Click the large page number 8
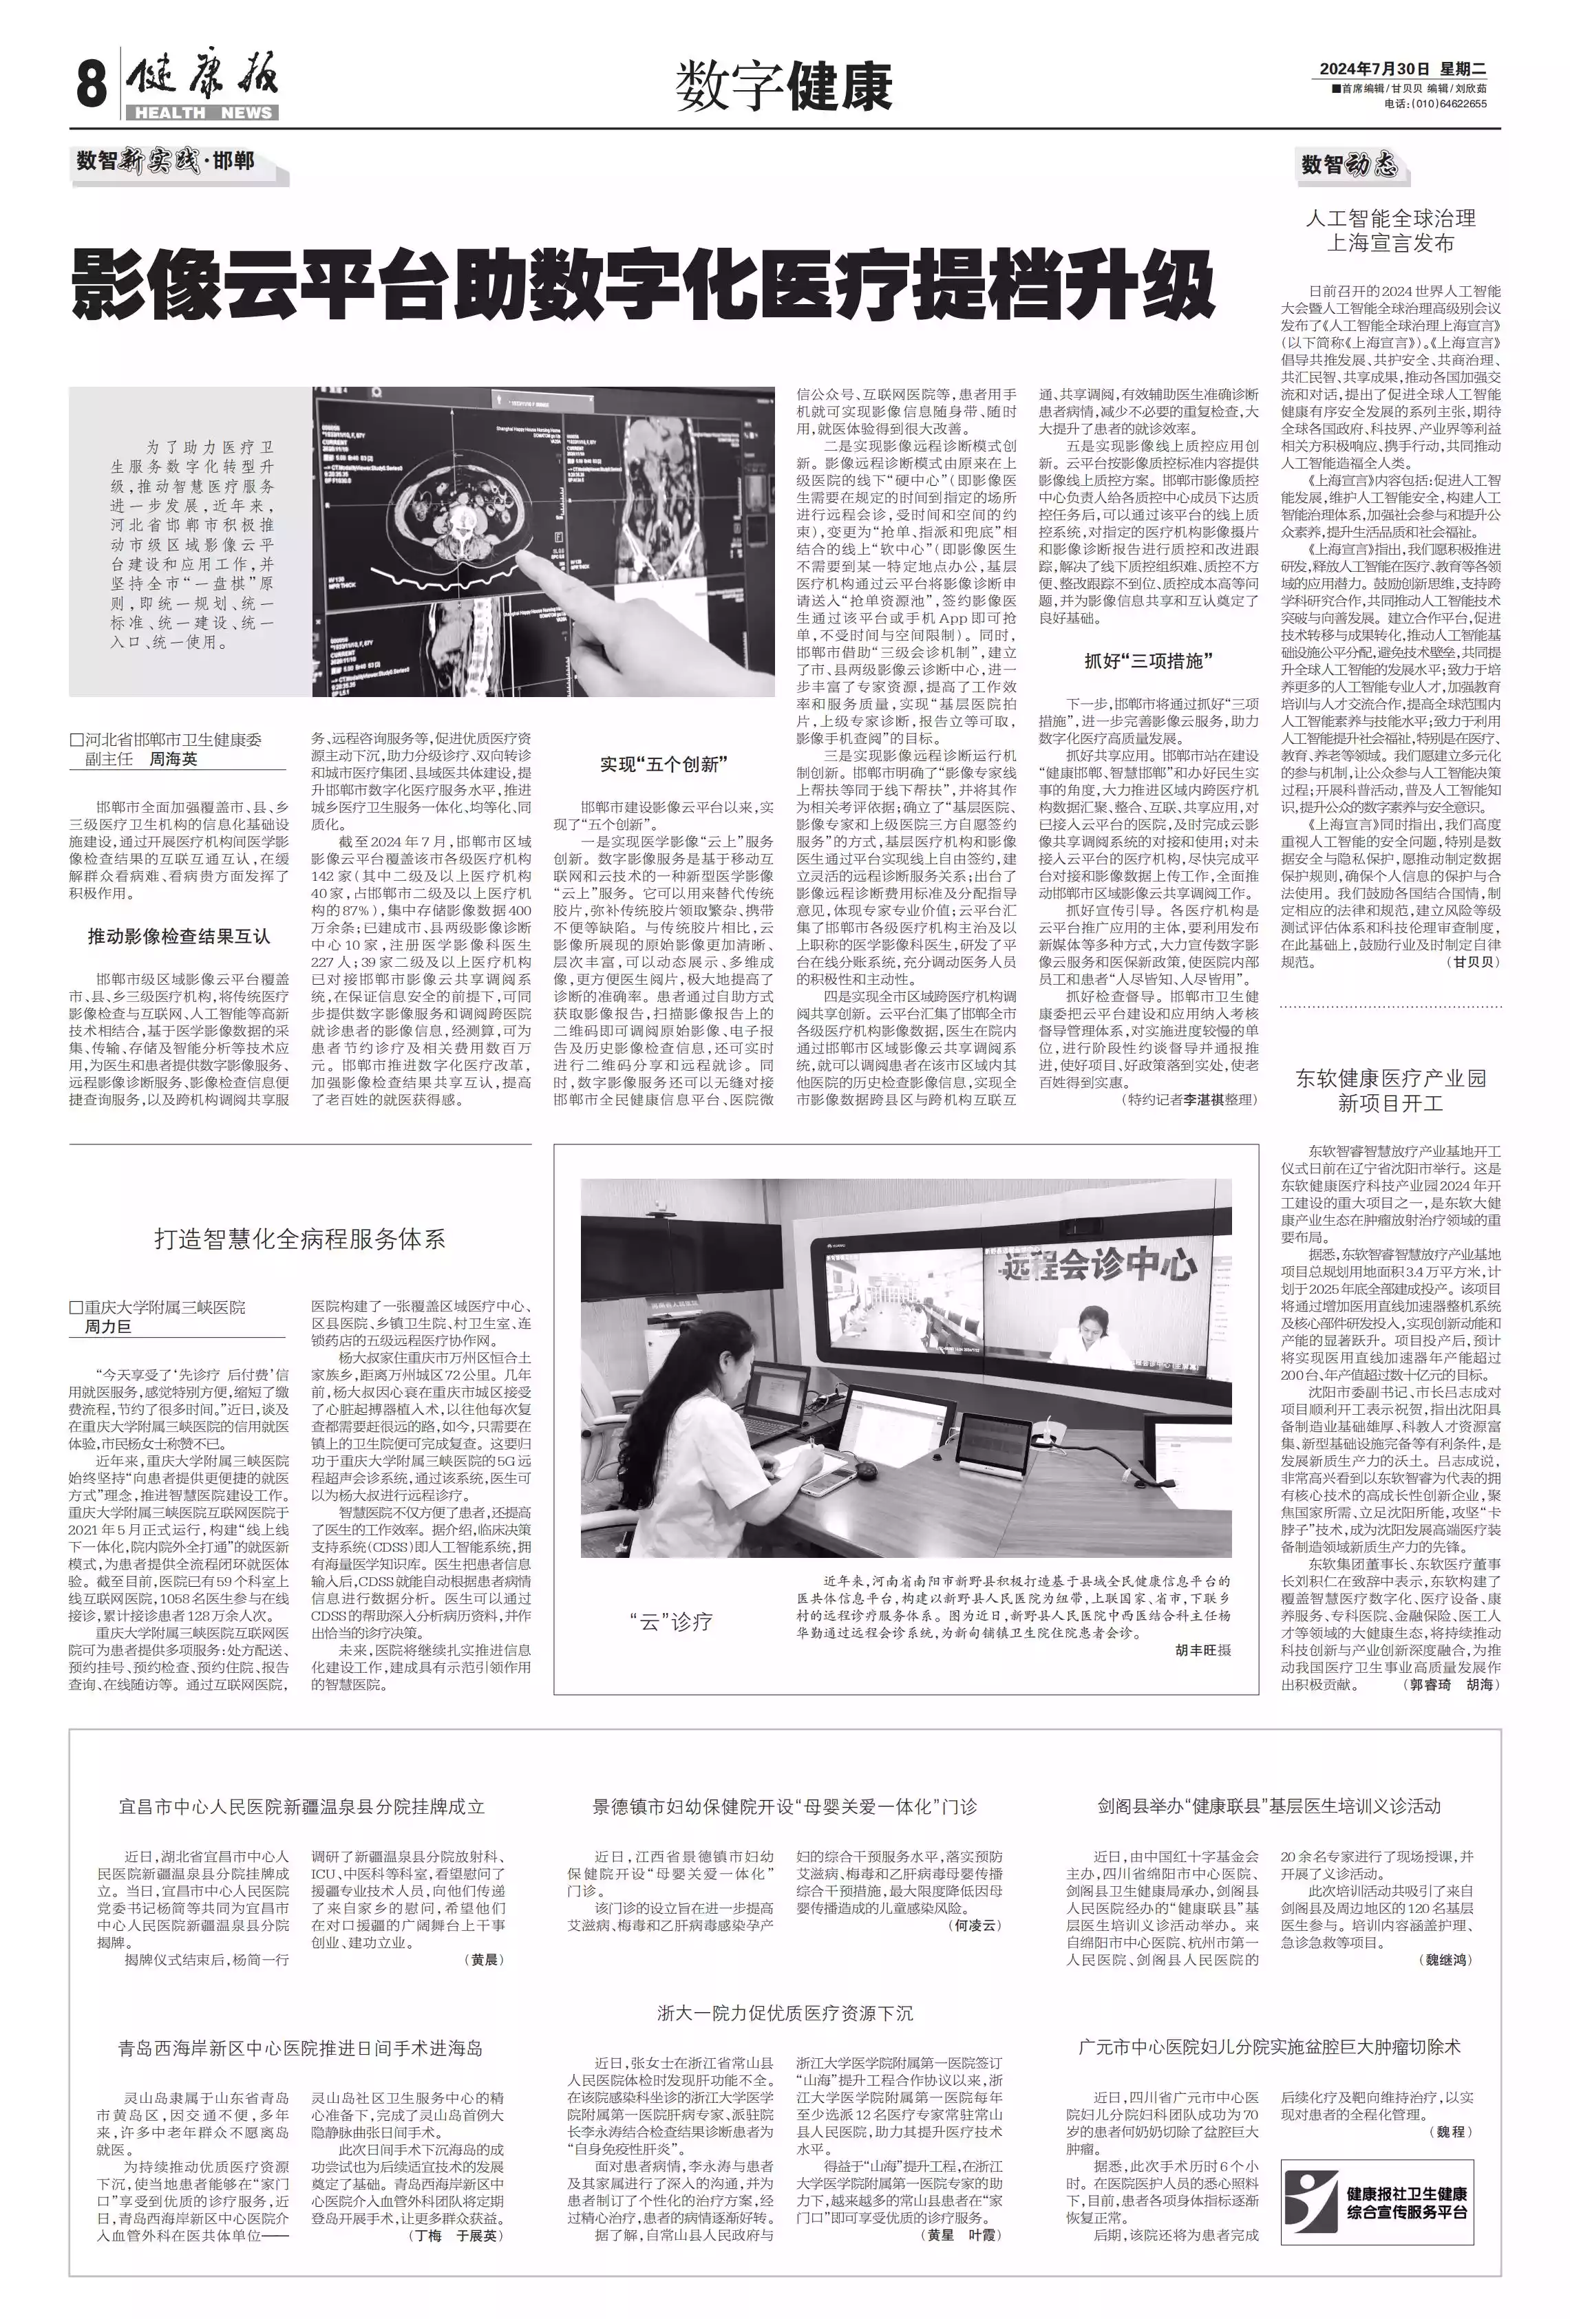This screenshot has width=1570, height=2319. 91,84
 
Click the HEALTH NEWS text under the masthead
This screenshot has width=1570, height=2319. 202,113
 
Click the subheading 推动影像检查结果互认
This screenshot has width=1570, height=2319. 179,936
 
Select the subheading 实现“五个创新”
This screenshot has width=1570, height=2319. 664,765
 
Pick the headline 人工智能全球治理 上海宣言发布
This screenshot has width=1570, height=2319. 1390,231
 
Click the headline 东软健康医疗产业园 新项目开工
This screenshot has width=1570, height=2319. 1390,1089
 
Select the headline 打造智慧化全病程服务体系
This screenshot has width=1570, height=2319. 299,1239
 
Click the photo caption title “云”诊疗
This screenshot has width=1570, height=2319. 670,1621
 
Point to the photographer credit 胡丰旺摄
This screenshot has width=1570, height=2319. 1202,1649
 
